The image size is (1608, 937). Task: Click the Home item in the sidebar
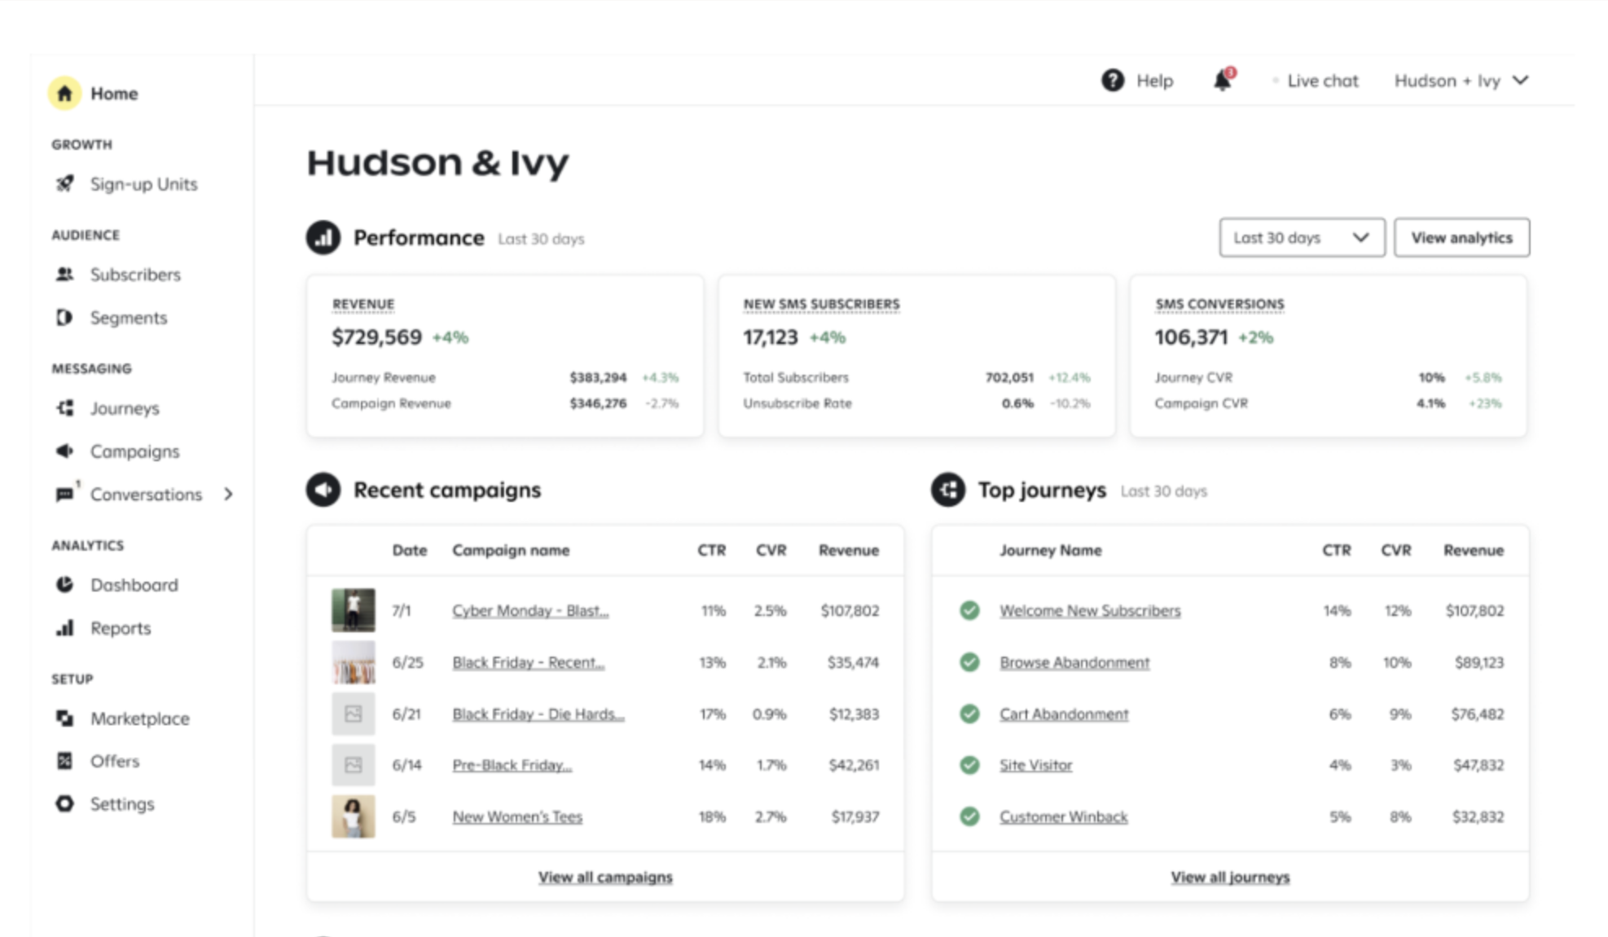coord(112,94)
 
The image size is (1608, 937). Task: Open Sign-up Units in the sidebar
coord(143,184)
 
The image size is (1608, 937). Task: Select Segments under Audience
coord(128,318)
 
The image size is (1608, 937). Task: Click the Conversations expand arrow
coord(229,494)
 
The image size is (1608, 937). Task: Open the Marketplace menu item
coord(139,719)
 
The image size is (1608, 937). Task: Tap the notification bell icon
coord(1223,81)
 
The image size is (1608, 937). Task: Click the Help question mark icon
coord(1113,81)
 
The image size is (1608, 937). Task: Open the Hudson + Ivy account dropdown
coord(1461,81)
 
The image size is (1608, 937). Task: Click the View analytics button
coord(1461,238)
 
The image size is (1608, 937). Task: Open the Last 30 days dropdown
coord(1301,238)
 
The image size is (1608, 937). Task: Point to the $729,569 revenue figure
coord(376,337)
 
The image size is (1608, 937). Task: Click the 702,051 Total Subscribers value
coord(1009,377)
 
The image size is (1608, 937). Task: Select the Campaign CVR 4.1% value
coord(1430,403)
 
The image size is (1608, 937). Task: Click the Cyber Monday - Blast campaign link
coord(530,611)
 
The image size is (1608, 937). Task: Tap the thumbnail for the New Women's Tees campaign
coord(353,816)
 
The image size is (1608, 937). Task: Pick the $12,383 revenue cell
coord(854,715)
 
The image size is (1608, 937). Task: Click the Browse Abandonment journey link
coord(1074,662)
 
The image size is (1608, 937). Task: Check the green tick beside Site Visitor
coord(969,765)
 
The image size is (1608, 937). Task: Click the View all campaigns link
coord(605,878)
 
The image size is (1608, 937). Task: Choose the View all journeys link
coord(1230,878)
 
